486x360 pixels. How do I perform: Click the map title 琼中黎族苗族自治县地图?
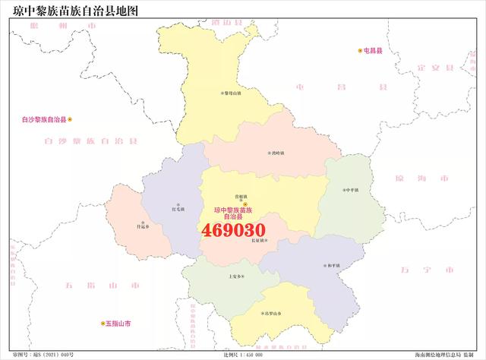65,10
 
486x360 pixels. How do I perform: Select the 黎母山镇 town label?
231,93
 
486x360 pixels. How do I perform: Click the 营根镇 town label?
241,195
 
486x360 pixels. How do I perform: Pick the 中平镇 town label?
351,190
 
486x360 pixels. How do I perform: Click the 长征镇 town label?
258,241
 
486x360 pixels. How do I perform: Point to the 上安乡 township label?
237,276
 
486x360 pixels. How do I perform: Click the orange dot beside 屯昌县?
360,51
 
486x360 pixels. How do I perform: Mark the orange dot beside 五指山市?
103,324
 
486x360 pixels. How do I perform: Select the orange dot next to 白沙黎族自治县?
71,119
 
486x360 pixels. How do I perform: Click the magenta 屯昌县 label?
374,51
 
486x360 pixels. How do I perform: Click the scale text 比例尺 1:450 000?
243,355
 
